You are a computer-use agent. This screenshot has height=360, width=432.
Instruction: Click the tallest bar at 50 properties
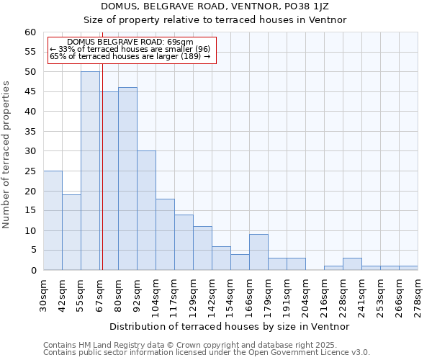point(90,171)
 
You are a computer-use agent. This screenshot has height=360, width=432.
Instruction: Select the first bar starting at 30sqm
point(53,220)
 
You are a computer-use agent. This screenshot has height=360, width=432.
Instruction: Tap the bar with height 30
point(146,210)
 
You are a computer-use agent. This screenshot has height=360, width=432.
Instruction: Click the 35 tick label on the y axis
point(30,132)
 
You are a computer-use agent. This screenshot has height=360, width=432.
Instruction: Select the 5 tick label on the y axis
point(32,251)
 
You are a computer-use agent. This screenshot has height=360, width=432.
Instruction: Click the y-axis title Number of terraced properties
point(7,154)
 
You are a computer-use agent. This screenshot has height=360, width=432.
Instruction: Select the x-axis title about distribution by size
point(230,326)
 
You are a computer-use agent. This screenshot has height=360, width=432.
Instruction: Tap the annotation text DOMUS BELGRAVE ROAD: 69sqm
point(130,42)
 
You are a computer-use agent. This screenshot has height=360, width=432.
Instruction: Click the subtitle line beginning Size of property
point(215,20)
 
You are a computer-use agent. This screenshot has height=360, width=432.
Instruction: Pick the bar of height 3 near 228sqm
point(352,264)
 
